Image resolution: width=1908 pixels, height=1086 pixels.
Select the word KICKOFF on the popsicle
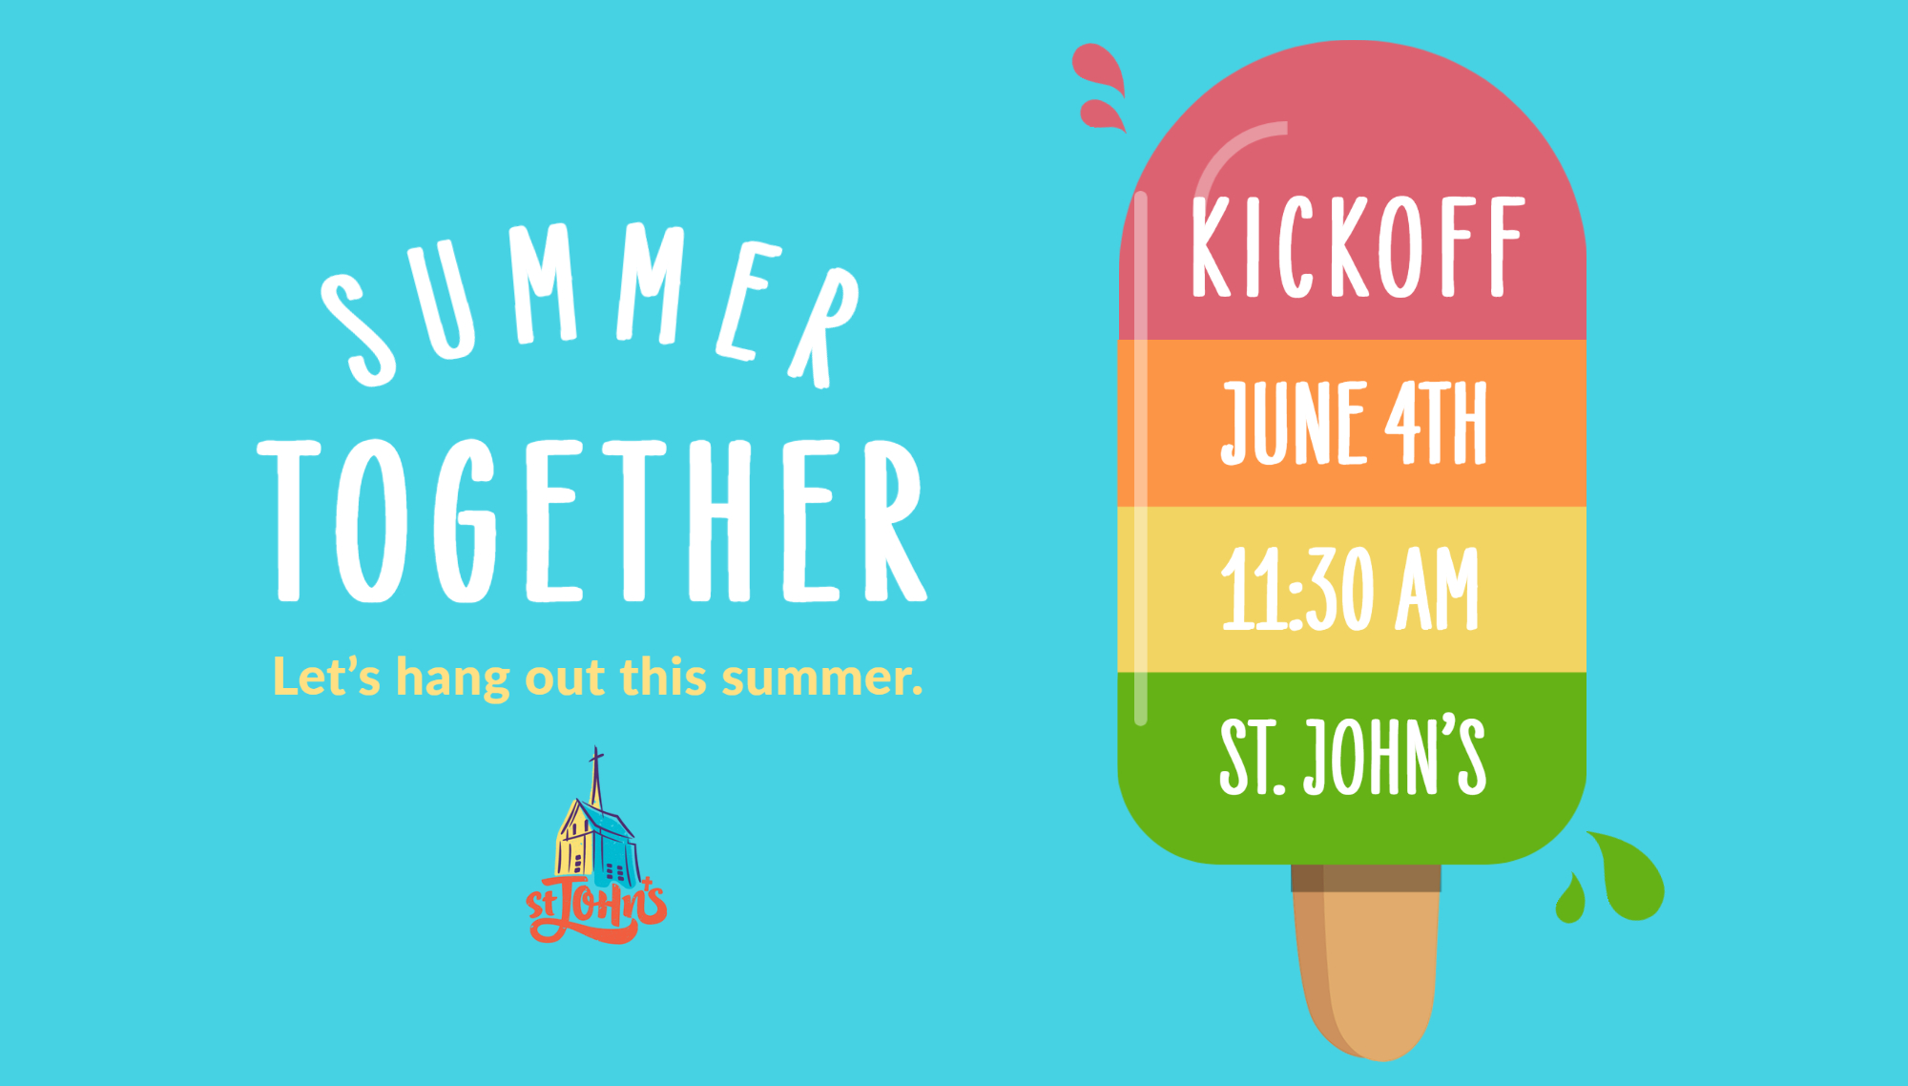click(x=1357, y=248)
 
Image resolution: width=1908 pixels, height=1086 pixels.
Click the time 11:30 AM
click(x=1349, y=589)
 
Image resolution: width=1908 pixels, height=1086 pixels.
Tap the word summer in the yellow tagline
click(x=820, y=678)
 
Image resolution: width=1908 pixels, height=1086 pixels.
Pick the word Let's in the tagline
click(x=326, y=677)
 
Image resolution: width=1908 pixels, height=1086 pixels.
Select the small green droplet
click(x=1570, y=901)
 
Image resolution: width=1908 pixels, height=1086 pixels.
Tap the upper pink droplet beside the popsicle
click(x=1099, y=67)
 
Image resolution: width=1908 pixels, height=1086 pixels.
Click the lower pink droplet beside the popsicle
click(x=1102, y=115)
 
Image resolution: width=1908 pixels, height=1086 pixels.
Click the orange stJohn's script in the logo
click(x=596, y=911)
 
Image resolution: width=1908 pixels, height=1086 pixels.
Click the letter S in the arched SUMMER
click(x=358, y=329)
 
